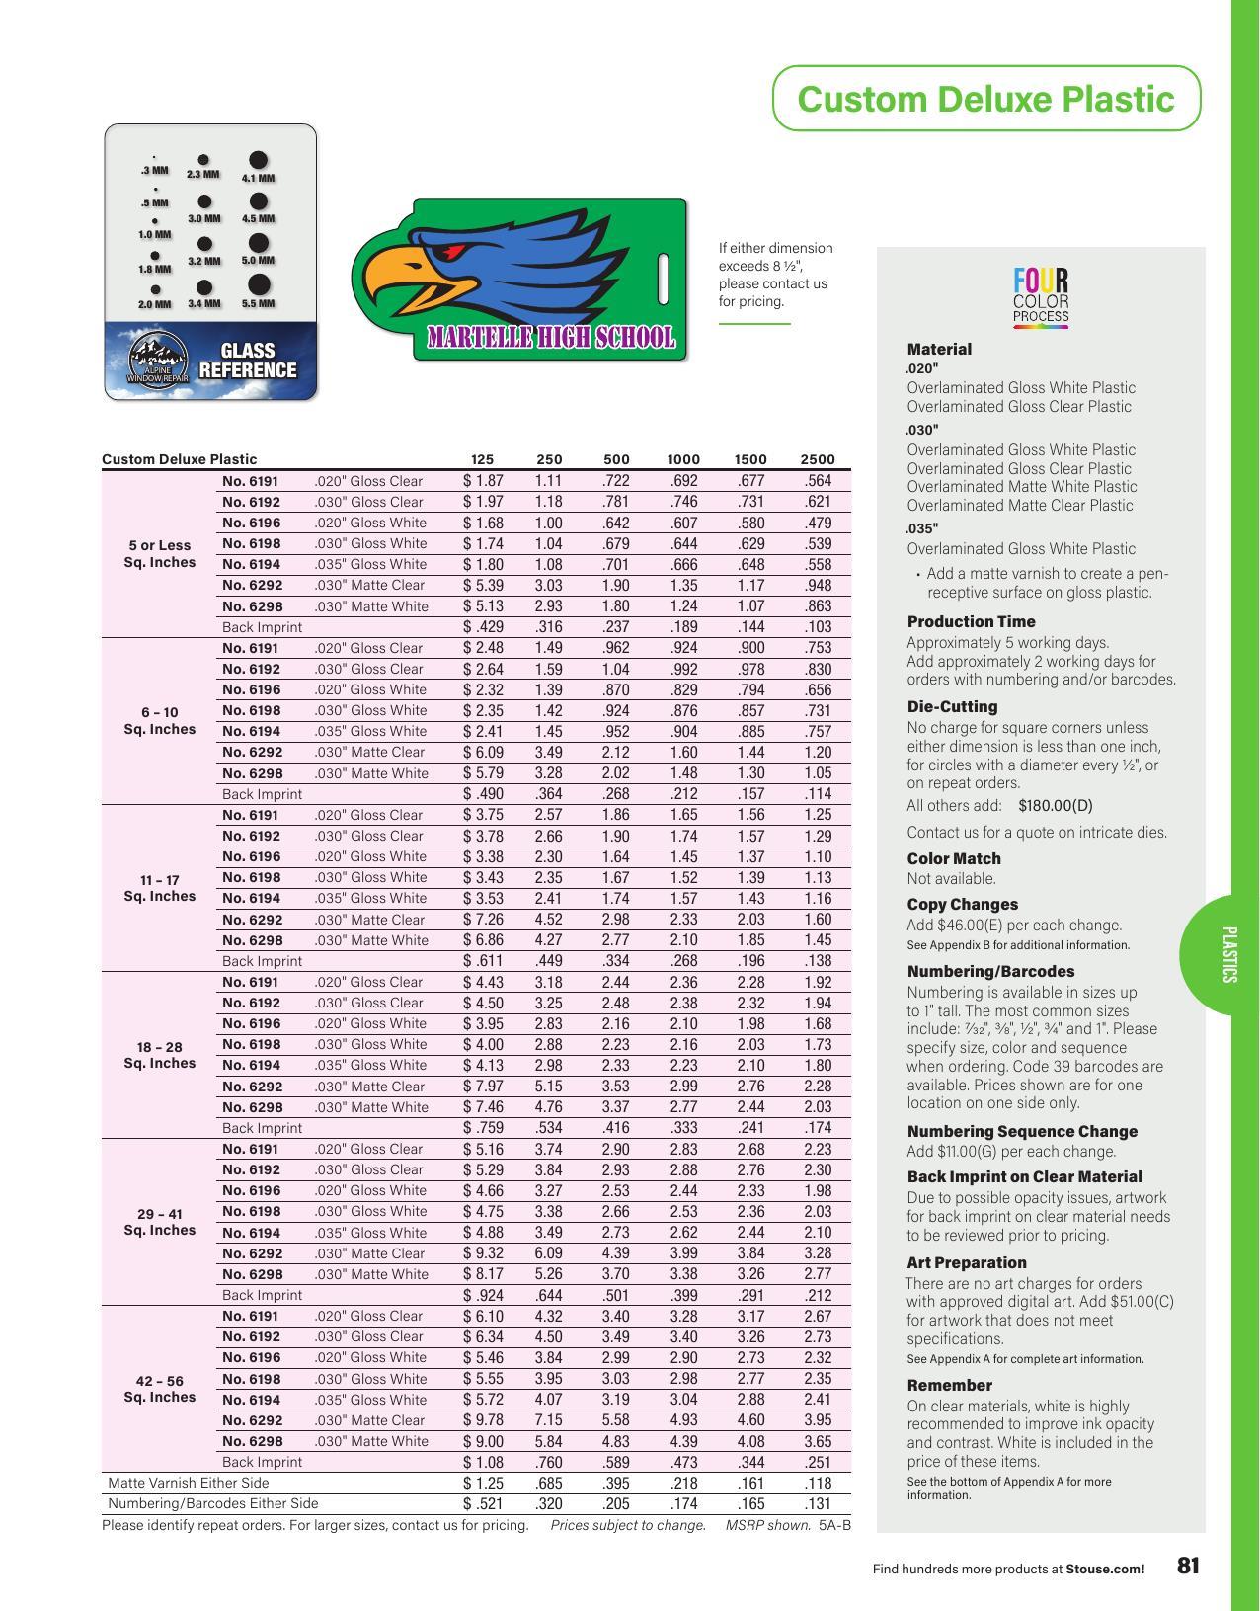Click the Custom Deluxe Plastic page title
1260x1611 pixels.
[985, 99]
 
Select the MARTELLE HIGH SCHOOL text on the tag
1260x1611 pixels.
[551, 338]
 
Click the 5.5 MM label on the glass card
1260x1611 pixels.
[258, 304]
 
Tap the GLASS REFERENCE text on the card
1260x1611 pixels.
[247, 361]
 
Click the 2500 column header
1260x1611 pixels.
[818, 459]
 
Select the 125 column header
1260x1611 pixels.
[482, 459]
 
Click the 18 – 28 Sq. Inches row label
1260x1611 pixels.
[160, 1055]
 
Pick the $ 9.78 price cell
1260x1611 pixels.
[483, 1420]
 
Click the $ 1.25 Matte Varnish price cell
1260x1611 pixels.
[483, 1483]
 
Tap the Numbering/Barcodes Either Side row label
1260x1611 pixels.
[213, 1503]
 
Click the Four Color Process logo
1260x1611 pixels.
[1041, 296]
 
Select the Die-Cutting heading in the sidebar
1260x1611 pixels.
[952, 707]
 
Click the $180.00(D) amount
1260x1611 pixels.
[1055, 806]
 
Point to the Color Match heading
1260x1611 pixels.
[954, 859]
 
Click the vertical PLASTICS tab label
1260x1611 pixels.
[1228, 954]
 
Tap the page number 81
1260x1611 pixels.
[1188, 1566]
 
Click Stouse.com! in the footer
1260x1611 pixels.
[1105, 1569]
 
